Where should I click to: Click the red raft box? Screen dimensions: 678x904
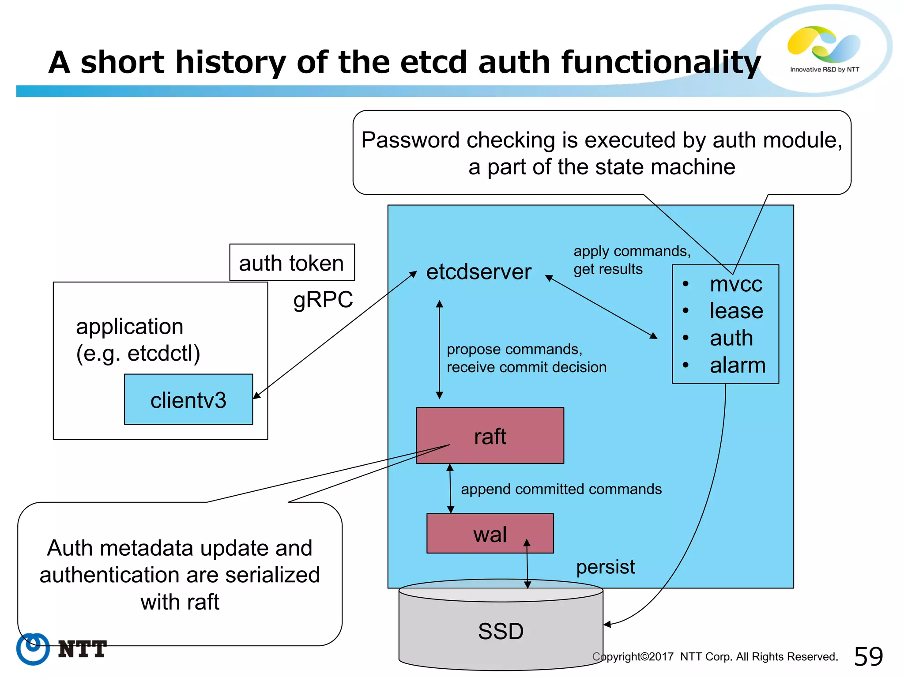(490, 436)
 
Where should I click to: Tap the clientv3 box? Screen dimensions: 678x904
(188, 400)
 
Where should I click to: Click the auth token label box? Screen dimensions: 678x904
(292, 263)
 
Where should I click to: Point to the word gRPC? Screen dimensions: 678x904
(323, 300)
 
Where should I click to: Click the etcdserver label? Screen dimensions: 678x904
(478, 272)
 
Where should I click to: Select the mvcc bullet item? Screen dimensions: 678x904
(736, 284)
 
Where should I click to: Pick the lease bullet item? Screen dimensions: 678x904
(736, 311)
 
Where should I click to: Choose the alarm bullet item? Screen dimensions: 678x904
(737, 365)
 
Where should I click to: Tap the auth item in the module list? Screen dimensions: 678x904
(731, 338)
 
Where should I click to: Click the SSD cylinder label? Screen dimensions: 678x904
(501, 631)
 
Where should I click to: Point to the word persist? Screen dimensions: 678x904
(605, 567)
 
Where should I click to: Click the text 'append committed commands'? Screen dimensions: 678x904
(561, 489)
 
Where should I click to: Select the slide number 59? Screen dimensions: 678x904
(868, 657)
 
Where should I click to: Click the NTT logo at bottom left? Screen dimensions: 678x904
(62, 649)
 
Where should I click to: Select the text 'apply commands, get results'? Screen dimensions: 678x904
(631, 260)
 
